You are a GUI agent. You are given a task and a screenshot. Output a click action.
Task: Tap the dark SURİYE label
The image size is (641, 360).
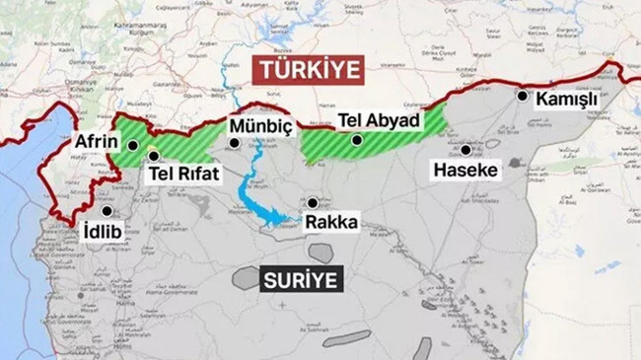click(302, 279)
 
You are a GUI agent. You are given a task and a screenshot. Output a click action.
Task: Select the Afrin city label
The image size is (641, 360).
click(98, 142)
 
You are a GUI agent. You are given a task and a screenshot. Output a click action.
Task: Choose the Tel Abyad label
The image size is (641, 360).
click(379, 120)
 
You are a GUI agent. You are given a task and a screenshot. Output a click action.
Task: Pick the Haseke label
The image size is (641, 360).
click(465, 171)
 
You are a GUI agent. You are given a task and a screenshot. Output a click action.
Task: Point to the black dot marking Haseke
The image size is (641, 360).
click(465, 151)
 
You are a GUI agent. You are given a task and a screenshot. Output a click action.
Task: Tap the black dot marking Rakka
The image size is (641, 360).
click(313, 201)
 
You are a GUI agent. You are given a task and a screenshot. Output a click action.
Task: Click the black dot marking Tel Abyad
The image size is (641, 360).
click(358, 140)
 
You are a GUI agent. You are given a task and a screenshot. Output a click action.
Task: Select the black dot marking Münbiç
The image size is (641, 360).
click(234, 142)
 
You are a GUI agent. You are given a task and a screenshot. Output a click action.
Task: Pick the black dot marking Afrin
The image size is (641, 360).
click(132, 145)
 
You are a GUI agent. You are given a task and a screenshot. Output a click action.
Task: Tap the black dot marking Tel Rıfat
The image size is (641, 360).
click(153, 155)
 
